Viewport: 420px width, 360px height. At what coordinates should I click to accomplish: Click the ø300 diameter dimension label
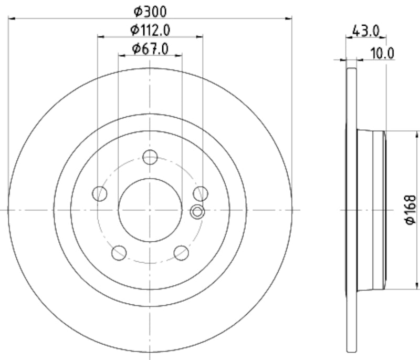tap(150, 10)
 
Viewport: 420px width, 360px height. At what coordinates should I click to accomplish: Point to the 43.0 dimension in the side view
tap(366, 31)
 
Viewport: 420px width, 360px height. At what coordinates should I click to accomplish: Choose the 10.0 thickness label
tap(383, 53)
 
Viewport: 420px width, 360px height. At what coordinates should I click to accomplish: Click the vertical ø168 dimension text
tap(410, 210)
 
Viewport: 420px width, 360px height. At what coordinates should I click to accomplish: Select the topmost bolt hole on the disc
tap(150, 157)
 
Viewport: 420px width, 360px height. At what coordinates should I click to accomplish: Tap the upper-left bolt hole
tap(99, 194)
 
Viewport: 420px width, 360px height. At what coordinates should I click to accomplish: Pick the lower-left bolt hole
tap(119, 253)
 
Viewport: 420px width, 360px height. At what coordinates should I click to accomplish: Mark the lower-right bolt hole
tap(181, 253)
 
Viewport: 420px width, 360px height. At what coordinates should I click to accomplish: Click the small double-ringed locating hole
tap(197, 212)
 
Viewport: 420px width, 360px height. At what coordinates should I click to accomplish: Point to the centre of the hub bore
tap(150, 210)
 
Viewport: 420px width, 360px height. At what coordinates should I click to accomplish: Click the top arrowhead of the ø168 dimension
tap(418, 132)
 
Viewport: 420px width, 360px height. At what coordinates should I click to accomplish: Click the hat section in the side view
tap(371, 209)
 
